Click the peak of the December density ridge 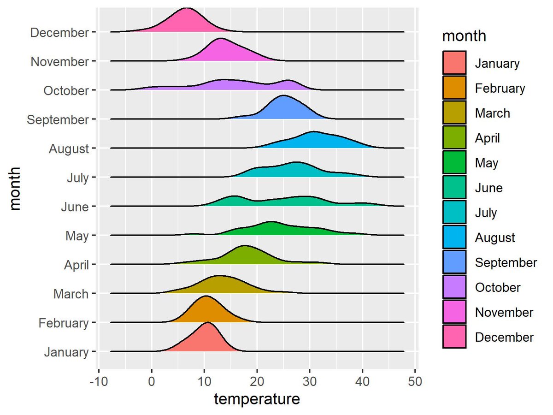tap(187, 9)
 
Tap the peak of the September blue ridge tap(283, 96)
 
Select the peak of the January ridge tap(208, 323)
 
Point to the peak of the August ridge tap(313, 132)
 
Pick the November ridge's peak tap(221, 39)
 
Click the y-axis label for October tap(66, 91)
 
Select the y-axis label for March tap(71, 294)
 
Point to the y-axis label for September tap(58, 120)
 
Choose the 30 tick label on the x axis tap(310, 381)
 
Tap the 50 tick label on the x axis tap(415, 381)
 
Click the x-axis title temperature tap(257, 399)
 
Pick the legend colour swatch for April tap(454, 138)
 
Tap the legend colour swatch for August tap(454, 237)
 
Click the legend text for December tap(504, 337)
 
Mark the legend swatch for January tap(454, 63)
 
